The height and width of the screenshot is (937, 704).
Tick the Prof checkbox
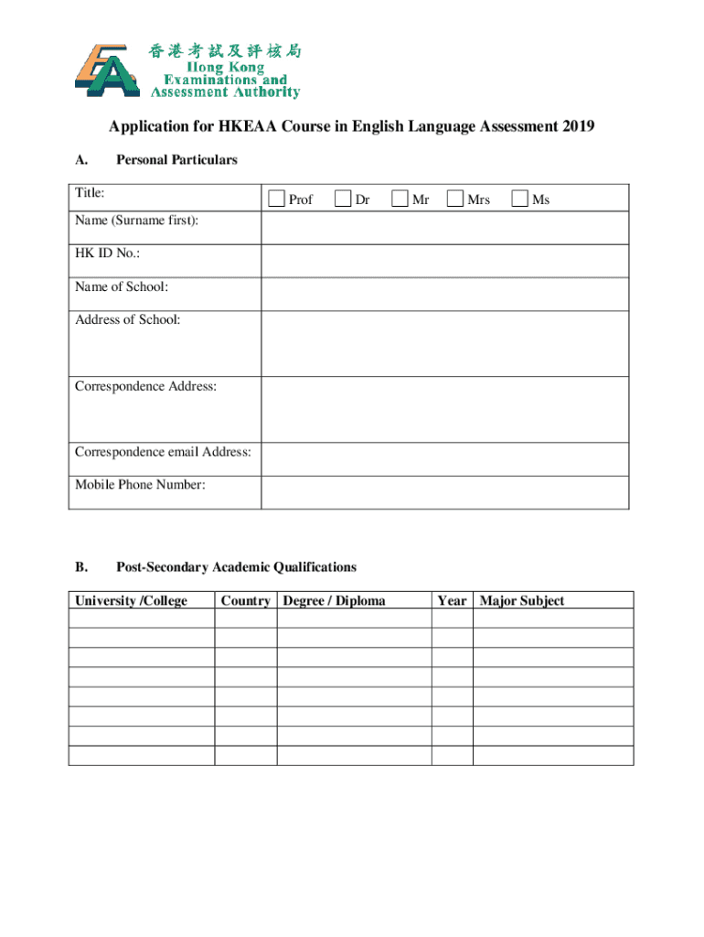point(276,199)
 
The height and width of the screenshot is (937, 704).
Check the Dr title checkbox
point(343,199)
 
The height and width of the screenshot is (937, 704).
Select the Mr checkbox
point(400,199)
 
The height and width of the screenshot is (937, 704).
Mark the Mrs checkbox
point(455,199)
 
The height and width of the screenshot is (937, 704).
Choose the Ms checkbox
point(519,199)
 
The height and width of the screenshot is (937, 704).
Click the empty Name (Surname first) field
point(444,228)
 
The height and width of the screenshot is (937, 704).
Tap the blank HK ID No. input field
point(444,261)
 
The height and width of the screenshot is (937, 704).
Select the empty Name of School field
point(444,294)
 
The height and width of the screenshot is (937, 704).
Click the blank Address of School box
point(444,343)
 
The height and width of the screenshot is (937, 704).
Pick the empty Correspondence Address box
point(444,409)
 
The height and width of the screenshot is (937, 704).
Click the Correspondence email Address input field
point(444,459)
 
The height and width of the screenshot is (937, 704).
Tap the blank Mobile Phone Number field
point(444,492)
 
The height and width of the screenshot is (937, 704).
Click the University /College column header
point(131,600)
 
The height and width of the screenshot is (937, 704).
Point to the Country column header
point(245,600)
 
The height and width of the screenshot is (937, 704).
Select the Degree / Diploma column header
point(335,600)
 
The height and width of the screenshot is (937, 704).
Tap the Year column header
point(452,600)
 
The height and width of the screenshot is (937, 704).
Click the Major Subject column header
point(522,600)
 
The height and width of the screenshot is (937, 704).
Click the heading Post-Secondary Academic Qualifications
point(236,567)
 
